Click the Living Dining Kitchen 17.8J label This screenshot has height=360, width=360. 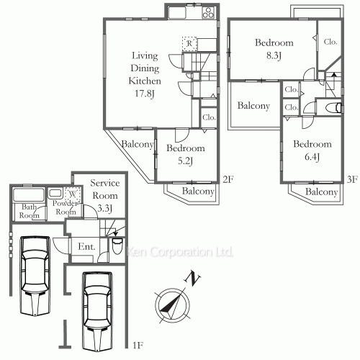[x=145, y=74]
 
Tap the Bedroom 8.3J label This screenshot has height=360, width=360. [x=274, y=49]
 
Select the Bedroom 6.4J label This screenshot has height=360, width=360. [x=312, y=150]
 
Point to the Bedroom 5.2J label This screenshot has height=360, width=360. [x=186, y=154]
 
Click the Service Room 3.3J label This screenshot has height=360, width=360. [x=105, y=196]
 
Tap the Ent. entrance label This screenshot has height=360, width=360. [x=86, y=246]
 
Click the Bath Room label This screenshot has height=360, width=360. [x=29, y=211]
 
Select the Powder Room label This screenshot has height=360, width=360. [x=66, y=207]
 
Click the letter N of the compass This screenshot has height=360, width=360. [x=192, y=278]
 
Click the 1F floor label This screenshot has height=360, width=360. [x=138, y=346]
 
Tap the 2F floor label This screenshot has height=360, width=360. [x=228, y=179]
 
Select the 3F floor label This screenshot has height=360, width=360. [x=352, y=179]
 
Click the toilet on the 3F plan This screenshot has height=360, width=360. [x=333, y=108]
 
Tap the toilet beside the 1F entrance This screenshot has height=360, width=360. [x=117, y=246]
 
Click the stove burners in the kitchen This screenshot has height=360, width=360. [x=208, y=12]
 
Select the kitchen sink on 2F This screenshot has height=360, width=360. [x=177, y=12]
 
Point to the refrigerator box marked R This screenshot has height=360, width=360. [x=189, y=44]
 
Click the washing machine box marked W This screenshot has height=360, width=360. [x=73, y=194]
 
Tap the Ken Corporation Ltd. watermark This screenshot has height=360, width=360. [x=179, y=252]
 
